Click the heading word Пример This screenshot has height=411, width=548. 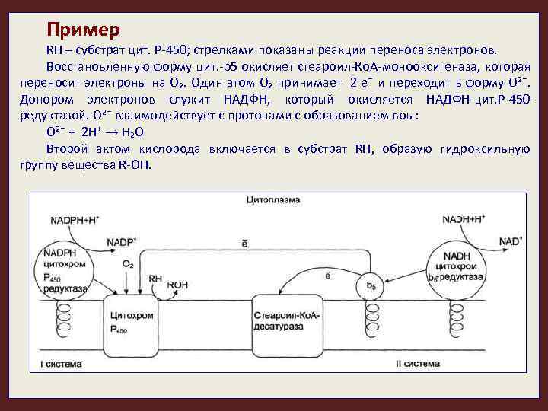click(x=83, y=30)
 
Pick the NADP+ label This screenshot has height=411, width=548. click(x=122, y=242)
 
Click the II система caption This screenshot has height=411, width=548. click(x=418, y=365)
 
